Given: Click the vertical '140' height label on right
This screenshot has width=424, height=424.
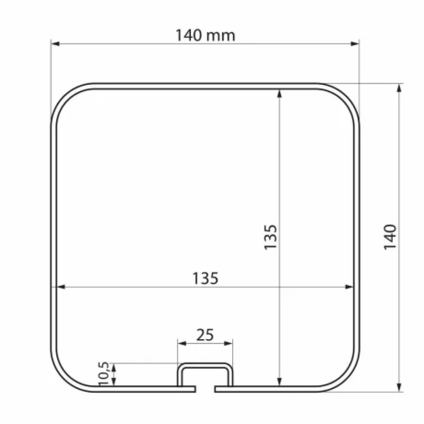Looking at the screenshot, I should pos(390,237).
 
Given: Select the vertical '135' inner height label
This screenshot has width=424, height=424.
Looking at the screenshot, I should pos(271,237).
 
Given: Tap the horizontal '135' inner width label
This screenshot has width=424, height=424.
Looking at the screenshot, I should pos(205,278).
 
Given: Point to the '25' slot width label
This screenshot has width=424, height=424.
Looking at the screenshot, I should pos(205,334).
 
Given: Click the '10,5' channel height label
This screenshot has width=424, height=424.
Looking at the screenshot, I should pos(104,373).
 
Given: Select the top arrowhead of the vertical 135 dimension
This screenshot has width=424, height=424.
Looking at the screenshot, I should pos(279,93).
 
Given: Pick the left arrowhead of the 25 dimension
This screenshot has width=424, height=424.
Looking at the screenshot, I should pos(181,343).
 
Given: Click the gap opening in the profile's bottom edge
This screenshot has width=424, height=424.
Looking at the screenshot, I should pos(205,390).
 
